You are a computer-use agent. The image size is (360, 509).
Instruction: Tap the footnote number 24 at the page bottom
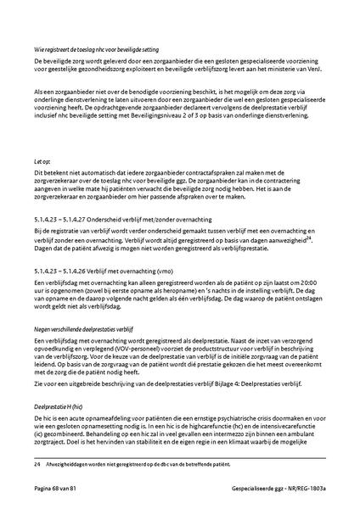click(x=37, y=463)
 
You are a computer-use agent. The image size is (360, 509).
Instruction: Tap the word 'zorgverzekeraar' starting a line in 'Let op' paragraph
click(x=57, y=182)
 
